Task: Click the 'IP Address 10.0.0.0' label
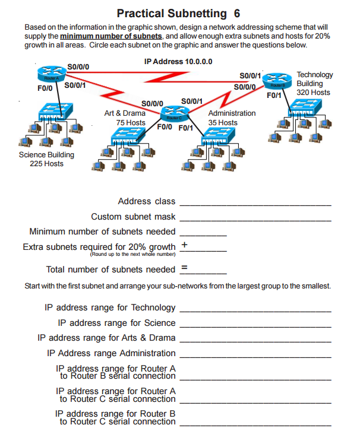tap(178, 61)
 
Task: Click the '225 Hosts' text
tap(46, 164)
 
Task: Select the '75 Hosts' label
tap(131, 122)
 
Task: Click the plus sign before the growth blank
tap(184, 245)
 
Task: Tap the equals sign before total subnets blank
tap(184, 268)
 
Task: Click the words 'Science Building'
tap(46, 155)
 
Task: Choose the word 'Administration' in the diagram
tap(232, 113)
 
